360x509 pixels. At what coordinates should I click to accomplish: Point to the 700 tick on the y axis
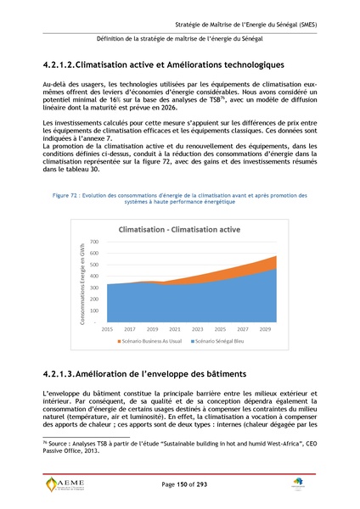coord(93,243)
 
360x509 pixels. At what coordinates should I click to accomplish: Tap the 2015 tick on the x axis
coord(108,327)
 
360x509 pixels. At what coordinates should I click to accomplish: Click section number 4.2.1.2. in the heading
coord(69,64)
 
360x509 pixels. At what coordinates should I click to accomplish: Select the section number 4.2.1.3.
coord(69,373)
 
